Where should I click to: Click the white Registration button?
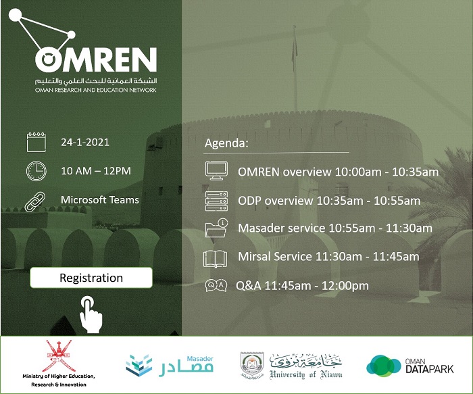coord(91,278)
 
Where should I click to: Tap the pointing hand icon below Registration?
coord(91,315)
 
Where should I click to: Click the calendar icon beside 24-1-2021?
coord(36,142)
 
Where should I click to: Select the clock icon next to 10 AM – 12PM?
coord(36,171)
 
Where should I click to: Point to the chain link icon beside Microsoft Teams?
coord(35,202)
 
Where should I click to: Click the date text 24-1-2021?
coord(85,142)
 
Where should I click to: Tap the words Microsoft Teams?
coord(100,200)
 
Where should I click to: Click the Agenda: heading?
coord(226,143)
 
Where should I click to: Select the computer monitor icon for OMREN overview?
coord(216,170)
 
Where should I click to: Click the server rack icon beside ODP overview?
coord(216,201)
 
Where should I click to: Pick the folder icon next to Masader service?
coord(216,228)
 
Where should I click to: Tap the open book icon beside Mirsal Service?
coord(215,259)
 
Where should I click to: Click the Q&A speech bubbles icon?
coord(216,285)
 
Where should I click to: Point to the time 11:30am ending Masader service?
coord(409,228)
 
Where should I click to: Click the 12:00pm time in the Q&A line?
coord(345,285)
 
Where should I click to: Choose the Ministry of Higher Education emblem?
coord(59,356)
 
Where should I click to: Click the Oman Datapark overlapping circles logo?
coord(383,366)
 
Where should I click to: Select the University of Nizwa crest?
coord(252,366)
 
